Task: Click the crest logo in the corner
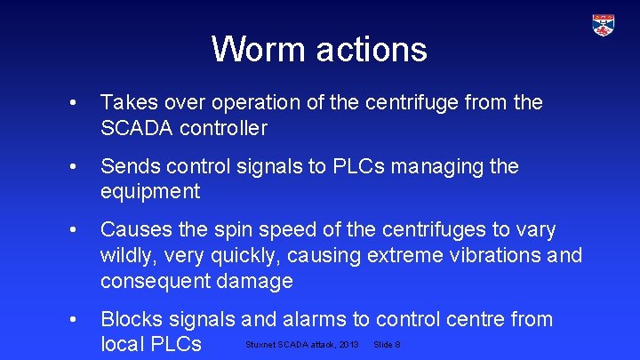coord(604,25)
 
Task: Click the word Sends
coord(127,166)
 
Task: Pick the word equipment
coord(150,192)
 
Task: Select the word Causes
coord(135,230)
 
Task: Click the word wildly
coord(127,256)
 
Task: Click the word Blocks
coord(132,319)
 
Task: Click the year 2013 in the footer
coord(348,344)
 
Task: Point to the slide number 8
coord(396,344)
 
